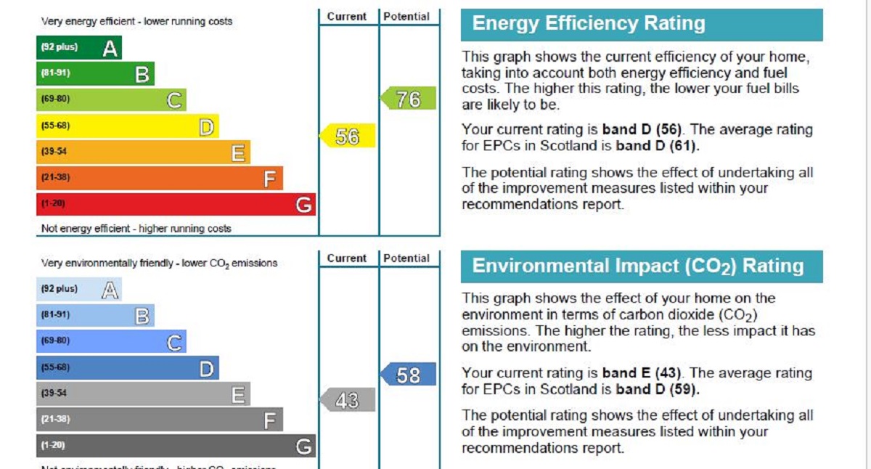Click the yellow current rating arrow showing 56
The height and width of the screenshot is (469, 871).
tap(348, 136)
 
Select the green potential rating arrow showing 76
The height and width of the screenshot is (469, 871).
tap(409, 98)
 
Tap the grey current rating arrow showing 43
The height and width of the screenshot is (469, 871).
tap(348, 400)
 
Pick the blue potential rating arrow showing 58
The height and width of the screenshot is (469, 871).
tap(409, 375)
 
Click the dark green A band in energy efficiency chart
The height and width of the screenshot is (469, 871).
tap(78, 48)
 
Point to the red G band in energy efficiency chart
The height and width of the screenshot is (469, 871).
tap(176, 204)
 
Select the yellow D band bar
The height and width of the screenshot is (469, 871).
tap(127, 126)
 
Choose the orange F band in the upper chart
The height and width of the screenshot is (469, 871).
tap(159, 178)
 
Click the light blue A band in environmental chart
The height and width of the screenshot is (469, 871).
tap(78, 290)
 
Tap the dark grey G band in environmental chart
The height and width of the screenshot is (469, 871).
tap(176, 445)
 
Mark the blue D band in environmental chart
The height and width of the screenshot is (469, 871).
tap(127, 368)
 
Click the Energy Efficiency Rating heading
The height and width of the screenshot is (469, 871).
tap(589, 24)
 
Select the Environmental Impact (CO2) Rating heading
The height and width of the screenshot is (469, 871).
tap(638, 266)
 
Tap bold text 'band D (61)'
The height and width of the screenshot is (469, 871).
tap(658, 146)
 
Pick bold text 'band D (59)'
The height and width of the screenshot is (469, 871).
tap(658, 389)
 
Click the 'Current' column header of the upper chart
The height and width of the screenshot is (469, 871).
tap(347, 16)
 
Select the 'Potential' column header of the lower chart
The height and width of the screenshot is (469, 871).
tap(406, 258)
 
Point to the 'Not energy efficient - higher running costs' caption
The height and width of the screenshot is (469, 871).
tap(136, 229)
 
